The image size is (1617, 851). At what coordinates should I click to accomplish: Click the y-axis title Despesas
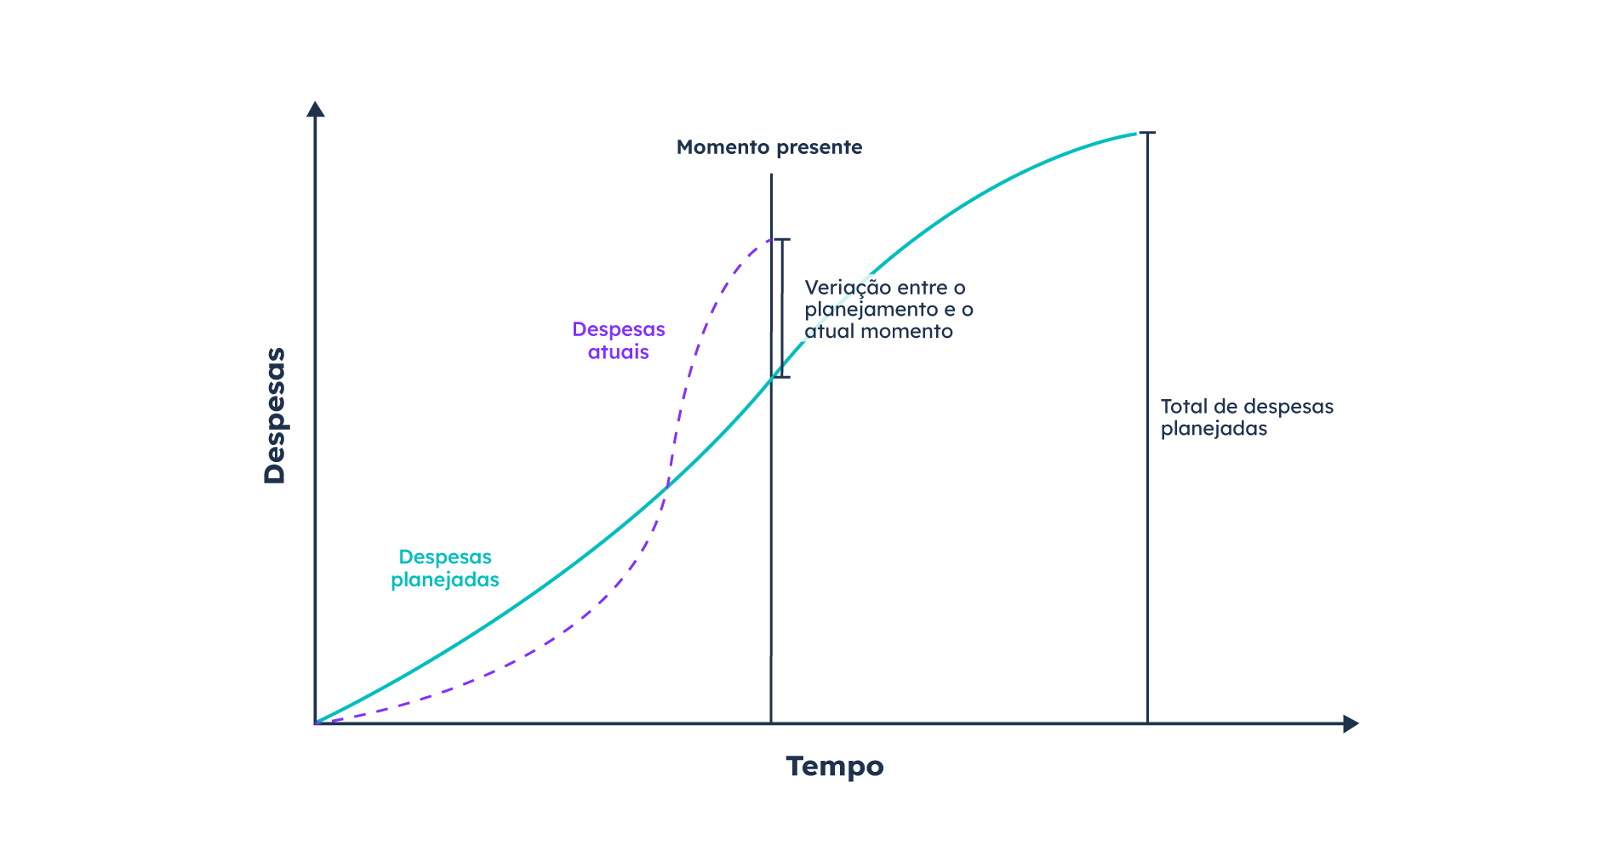[x=275, y=416]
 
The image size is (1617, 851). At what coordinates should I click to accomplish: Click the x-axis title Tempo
[x=835, y=767]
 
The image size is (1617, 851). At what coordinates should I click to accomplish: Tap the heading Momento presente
[x=769, y=147]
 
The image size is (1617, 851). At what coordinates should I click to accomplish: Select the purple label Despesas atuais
[x=619, y=340]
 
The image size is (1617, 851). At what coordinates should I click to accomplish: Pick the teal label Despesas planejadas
[x=445, y=568]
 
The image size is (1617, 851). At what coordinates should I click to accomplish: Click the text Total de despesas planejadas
[x=1247, y=417]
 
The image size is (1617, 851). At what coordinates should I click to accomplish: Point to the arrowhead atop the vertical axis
[x=316, y=109]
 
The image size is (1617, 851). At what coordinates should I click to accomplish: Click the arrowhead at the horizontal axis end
[x=1351, y=724]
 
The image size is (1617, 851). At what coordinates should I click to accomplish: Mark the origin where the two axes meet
[x=316, y=723]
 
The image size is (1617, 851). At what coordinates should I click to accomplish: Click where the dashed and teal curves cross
[x=666, y=487]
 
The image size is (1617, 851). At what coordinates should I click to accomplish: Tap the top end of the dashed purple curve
[x=771, y=239]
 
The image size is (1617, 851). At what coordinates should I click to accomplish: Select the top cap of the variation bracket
[x=781, y=239]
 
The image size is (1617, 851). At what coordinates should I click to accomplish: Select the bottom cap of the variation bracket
[x=781, y=377]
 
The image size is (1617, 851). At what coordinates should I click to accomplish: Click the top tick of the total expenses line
[x=1147, y=133]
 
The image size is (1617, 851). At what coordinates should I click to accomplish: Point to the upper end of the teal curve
[x=1137, y=134]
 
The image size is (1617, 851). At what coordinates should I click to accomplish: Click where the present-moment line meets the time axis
[x=771, y=723]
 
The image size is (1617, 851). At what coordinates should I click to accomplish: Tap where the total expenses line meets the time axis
[x=1147, y=723]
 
